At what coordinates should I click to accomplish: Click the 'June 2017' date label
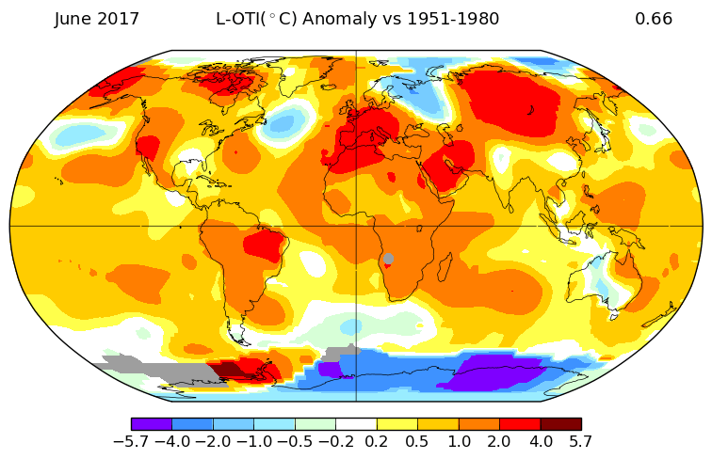pos(97,19)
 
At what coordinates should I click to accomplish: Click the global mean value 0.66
pos(654,19)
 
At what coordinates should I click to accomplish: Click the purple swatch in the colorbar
pos(152,424)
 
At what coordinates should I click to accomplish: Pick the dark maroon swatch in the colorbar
pos(560,424)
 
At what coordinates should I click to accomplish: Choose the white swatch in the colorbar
pos(356,424)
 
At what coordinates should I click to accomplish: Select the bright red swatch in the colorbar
pos(520,424)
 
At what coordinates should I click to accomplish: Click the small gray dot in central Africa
pos(388,259)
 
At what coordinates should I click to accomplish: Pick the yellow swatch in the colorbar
pos(397,424)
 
